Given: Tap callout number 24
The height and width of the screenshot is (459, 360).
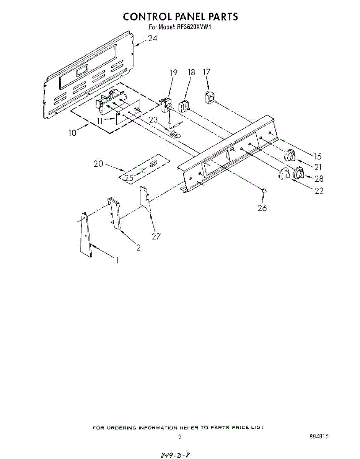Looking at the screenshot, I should (153, 39).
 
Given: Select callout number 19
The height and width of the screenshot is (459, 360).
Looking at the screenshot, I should (173, 72).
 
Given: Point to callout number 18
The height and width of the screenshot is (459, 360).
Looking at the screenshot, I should (191, 72).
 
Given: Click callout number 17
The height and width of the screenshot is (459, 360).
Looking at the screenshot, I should (207, 72).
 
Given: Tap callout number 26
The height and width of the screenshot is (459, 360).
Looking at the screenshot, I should (262, 208).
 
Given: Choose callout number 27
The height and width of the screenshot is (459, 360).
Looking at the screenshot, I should (156, 236).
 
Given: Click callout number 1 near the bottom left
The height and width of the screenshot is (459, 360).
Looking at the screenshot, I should (117, 260).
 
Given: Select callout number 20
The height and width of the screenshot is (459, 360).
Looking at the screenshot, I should (98, 163).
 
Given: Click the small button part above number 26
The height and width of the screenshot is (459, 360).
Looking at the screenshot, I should (264, 190).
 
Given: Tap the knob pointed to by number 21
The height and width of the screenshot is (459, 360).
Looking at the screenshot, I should (290, 156).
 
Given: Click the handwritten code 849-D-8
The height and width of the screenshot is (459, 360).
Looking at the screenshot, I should (174, 454).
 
